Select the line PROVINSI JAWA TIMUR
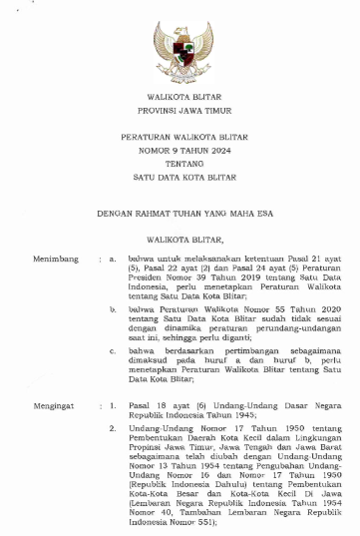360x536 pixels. point(180,116)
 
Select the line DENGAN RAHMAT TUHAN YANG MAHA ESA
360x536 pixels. point(180,214)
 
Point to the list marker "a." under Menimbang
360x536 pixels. point(113,259)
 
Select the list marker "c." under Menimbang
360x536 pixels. point(113,353)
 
